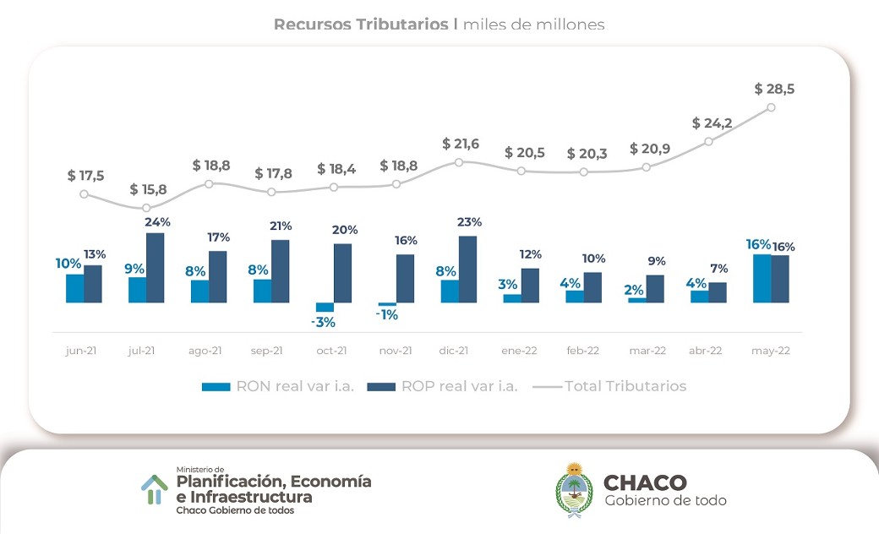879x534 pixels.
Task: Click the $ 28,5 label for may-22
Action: [x=774, y=89]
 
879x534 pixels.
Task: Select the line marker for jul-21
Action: [x=146, y=208]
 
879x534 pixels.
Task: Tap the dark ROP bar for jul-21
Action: [x=155, y=267]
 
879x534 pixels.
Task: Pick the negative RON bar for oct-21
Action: [x=325, y=308]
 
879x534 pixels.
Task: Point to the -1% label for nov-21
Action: [x=388, y=315]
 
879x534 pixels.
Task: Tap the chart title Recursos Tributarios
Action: [x=361, y=25]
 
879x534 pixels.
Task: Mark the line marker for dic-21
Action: [x=459, y=161]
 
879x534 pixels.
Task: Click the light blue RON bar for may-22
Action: [x=762, y=278]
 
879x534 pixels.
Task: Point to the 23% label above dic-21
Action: [x=470, y=222]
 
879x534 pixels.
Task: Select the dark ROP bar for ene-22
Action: [x=530, y=285]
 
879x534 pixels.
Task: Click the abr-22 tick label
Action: [x=706, y=351]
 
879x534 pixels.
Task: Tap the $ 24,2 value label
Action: [x=712, y=123]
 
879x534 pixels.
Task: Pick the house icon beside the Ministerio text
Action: [x=154, y=488]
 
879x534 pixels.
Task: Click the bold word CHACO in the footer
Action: [x=645, y=482]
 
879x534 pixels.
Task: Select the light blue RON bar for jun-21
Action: [x=75, y=288]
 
